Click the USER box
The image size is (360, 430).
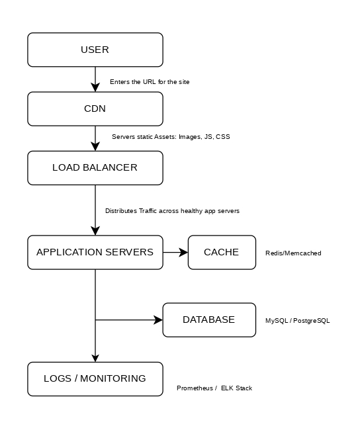tap(95, 50)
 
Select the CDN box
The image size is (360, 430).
tap(95, 109)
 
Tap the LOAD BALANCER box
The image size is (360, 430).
tap(95, 168)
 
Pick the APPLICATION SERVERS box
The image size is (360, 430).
tap(95, 252)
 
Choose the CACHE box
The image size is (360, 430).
tap(222, 252)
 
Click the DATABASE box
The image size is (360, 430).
tap(209, 320)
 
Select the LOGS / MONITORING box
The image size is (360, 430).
tap(95, 379)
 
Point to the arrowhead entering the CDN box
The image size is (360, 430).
tap(95, 87)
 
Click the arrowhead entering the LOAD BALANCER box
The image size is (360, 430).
tap(95, 146)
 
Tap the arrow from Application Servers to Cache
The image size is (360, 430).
tap(175, 252)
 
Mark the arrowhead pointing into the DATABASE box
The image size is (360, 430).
tap(158, 320)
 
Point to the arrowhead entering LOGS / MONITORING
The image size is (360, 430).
tap(95, 358)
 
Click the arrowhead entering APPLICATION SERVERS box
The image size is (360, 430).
tap(95, 231)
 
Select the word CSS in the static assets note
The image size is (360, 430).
tap(223, 136)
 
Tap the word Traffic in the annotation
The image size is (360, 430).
tap(148, 210)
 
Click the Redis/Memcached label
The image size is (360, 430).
tap(293, 253)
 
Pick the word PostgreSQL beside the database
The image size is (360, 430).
tap(312, 321)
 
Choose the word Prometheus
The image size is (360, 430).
tap(195, 388)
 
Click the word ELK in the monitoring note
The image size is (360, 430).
tap(227, 388)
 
